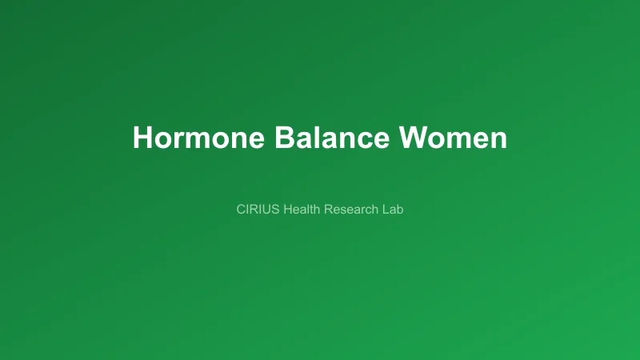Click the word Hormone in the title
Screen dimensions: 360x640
[199, 138]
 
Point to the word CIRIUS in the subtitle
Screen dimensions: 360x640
[258, 210]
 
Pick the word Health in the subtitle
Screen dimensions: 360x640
[302, 210]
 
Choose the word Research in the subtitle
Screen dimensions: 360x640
[351, 210]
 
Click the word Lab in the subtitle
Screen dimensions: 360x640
[392, 210]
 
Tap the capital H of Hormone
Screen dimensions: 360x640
[142, 138]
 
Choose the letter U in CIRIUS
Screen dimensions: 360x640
[268, 210]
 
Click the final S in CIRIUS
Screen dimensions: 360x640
[277, 210]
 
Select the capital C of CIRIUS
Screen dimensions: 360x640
[241, 210]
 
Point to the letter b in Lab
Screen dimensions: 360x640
[399, 210]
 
